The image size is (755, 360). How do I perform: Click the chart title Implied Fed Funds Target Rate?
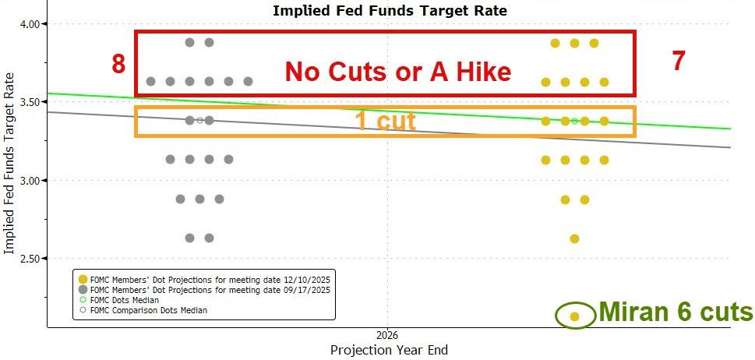[x=389, y=10]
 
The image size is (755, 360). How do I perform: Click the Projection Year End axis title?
[x=389, y=350]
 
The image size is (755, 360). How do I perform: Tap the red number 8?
[x=118, y=64]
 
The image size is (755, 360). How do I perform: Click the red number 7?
[x=679, y=62]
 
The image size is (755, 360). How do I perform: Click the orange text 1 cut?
[x=385, y=121]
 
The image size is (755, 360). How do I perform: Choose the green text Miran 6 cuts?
[x=676, y=312]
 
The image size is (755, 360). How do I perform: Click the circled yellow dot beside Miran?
[x=574, y=316]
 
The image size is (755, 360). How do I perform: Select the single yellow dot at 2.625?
[x=574, y=238]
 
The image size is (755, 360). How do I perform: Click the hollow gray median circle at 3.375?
[x=199, y=120]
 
